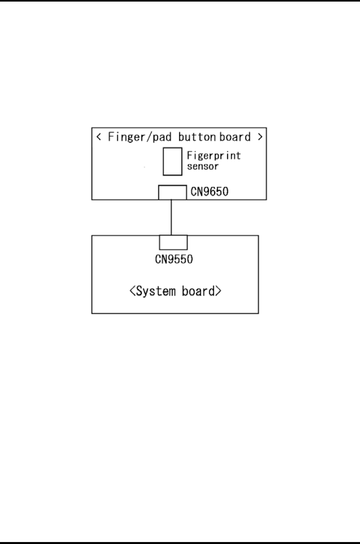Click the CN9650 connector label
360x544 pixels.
point(209,192)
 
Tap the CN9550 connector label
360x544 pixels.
point(174,259)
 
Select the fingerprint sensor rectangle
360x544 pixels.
point(173,161)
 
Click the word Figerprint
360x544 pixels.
point(213,156)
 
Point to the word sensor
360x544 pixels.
point(202,166)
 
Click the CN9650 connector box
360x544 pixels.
point(173,193)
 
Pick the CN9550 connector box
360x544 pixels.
point(173,242)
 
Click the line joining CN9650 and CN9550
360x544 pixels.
point(171,217)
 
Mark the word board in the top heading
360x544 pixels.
point(235,137)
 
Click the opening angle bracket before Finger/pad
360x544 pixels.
point(99,137)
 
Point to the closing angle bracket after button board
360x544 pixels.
point(260,137)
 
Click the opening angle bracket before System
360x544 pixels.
point(132,291)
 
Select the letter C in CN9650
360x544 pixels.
point(193,192)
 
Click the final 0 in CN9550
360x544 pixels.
point(190,259)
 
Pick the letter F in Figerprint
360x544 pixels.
point(189,156)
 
